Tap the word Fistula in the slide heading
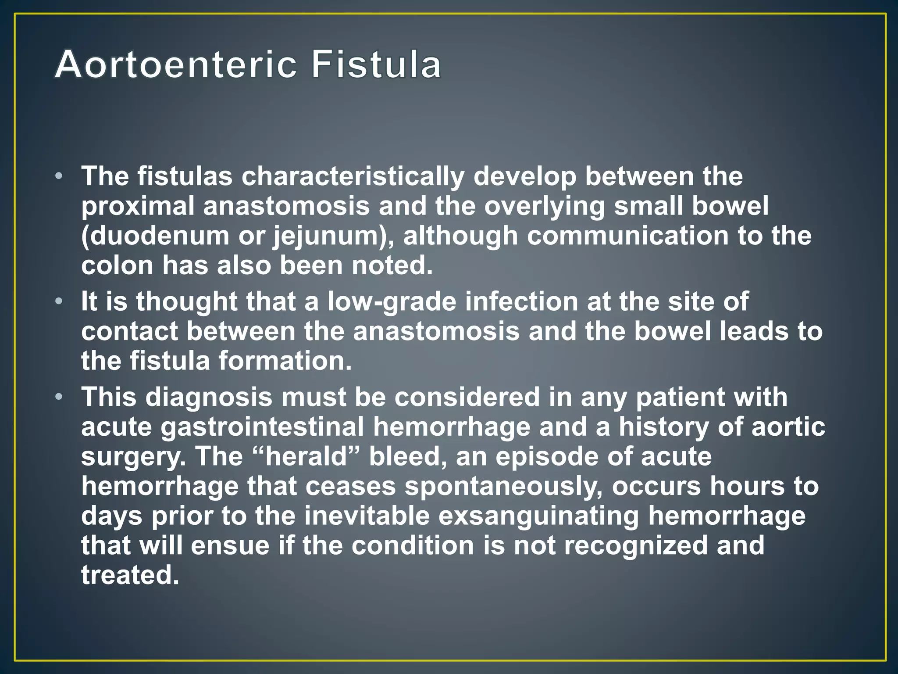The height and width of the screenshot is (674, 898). pos(376,65)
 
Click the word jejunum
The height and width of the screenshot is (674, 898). pos(324,237)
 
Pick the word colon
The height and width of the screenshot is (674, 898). pos(117,265)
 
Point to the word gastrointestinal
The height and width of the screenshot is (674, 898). pos(262,427)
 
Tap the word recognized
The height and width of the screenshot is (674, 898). pos(635,545)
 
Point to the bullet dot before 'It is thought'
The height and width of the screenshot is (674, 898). pos(59,302)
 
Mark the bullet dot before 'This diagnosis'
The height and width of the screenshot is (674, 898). pos(59,397)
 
